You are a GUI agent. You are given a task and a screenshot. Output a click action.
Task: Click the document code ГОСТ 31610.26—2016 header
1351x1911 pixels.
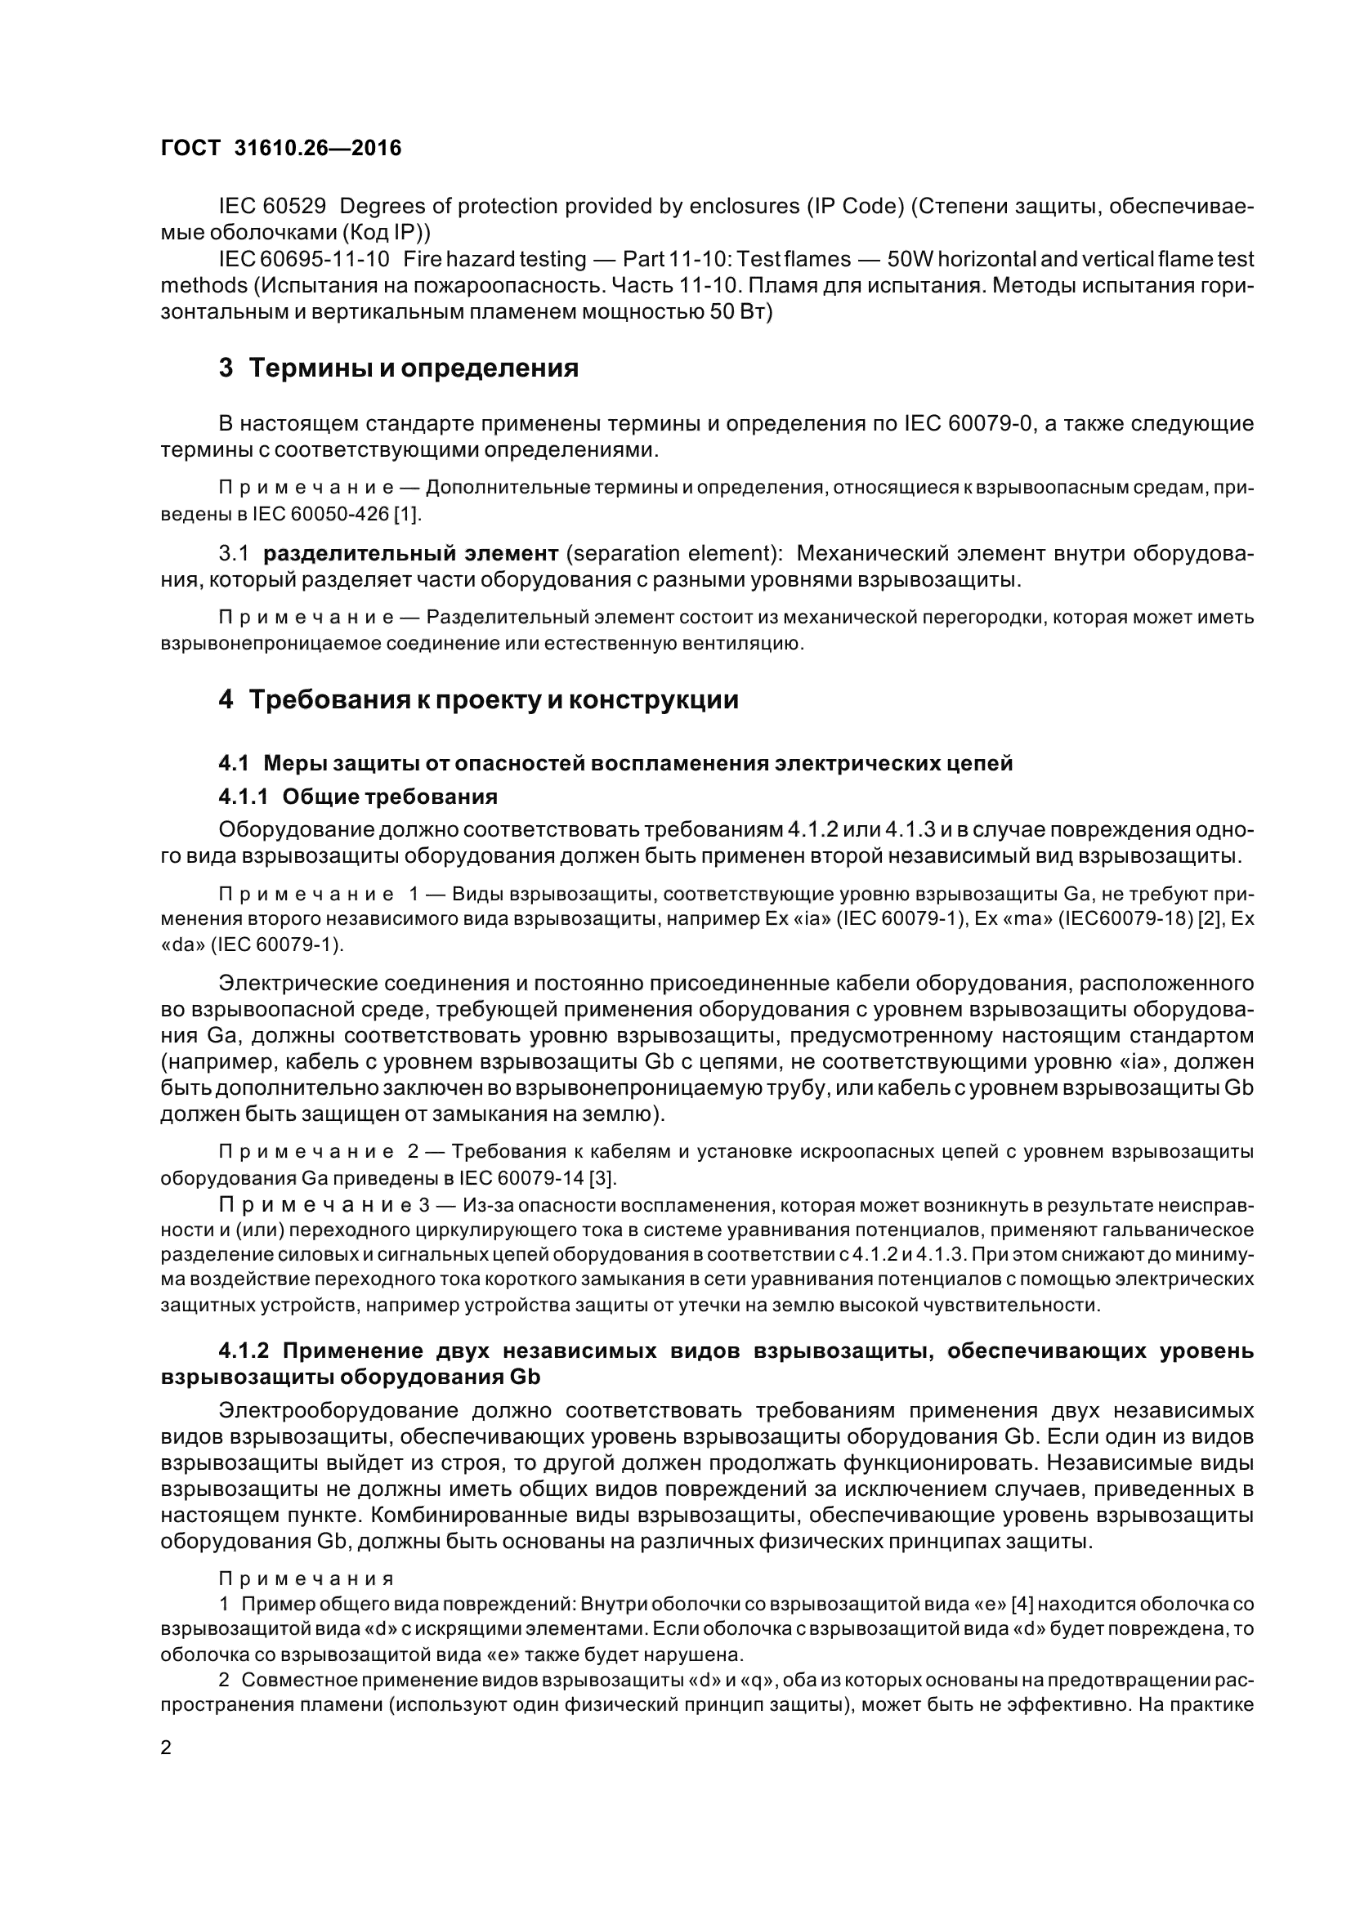pyautogui.click(x=280, y=148)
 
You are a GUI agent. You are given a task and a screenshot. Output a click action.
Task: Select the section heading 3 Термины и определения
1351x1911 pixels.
pyautogui.click(x=399, y=368)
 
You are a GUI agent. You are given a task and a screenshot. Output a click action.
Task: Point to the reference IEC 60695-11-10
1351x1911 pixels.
pyautogui.click(x=304, y=259)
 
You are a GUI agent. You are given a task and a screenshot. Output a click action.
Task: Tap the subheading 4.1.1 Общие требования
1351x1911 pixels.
pyautogui.click(x=358, y=797)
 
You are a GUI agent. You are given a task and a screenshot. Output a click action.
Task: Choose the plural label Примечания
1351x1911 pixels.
pyautogui.click(x=306, y=1578)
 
